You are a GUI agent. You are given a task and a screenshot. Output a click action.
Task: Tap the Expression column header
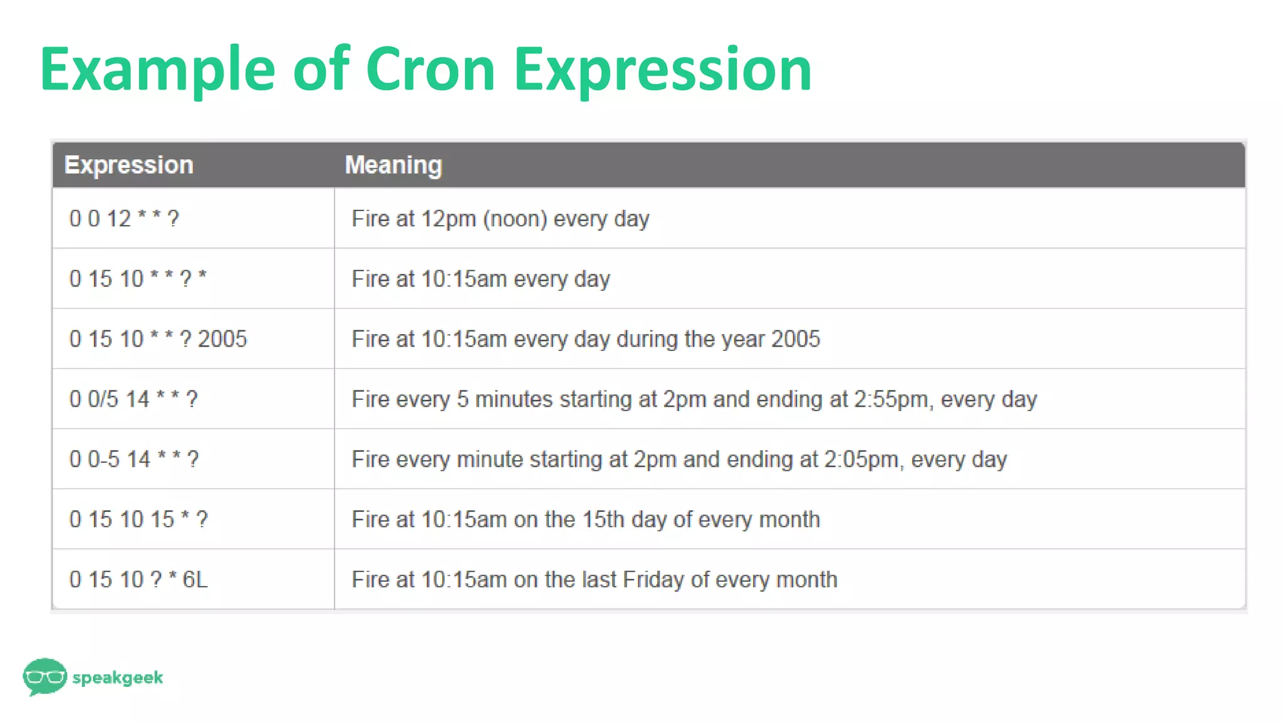point(129,165)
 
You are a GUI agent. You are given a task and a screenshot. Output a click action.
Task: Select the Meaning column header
point(393,165)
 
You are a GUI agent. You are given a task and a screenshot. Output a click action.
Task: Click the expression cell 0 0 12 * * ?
point(124,219)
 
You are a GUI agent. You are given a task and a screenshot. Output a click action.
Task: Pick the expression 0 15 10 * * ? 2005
point(158,339)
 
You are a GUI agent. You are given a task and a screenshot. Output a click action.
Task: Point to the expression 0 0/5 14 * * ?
point(133,399)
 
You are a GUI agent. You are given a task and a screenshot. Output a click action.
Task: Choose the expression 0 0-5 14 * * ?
point(134,459)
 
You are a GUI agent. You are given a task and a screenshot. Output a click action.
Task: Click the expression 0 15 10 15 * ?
point(138,520)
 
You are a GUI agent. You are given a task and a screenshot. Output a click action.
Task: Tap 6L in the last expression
point(195,580)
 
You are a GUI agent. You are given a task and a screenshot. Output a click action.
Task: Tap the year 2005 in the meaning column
point(796,339)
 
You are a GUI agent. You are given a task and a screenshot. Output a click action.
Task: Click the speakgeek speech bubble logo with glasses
point(44,676)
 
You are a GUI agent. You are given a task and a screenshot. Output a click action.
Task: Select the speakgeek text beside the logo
point(118,678)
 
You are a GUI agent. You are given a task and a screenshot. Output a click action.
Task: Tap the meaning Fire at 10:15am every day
point(480,279)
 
